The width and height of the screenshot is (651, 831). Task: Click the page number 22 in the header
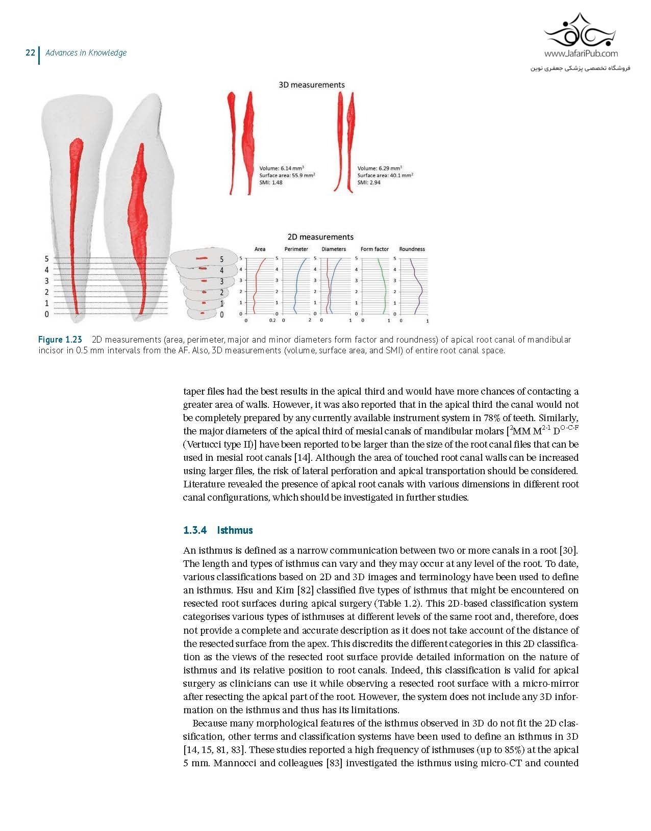point(30,53)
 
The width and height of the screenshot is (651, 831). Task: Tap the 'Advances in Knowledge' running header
point(86,53)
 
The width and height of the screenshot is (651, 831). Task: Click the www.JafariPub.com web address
point(581,54)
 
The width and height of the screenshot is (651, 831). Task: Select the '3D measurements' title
point(311,85)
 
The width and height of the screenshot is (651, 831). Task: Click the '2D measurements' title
point(320,237)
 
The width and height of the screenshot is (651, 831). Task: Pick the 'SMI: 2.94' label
point(369,183)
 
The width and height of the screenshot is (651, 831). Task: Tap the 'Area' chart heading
point(260,249)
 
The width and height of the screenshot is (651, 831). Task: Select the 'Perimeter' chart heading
point(296,249)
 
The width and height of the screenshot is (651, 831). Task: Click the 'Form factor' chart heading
point(374,249)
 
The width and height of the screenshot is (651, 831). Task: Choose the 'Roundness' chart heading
point(412,249)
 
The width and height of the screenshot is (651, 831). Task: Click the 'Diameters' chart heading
point(334,249)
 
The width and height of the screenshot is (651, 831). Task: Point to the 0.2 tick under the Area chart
point(272,321)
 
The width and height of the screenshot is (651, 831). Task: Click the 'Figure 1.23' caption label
point(60,340)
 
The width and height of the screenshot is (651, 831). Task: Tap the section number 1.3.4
point(195,530)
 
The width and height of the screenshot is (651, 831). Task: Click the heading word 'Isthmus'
point(235,530)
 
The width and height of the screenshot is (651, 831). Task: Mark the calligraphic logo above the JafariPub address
point(581,31)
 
